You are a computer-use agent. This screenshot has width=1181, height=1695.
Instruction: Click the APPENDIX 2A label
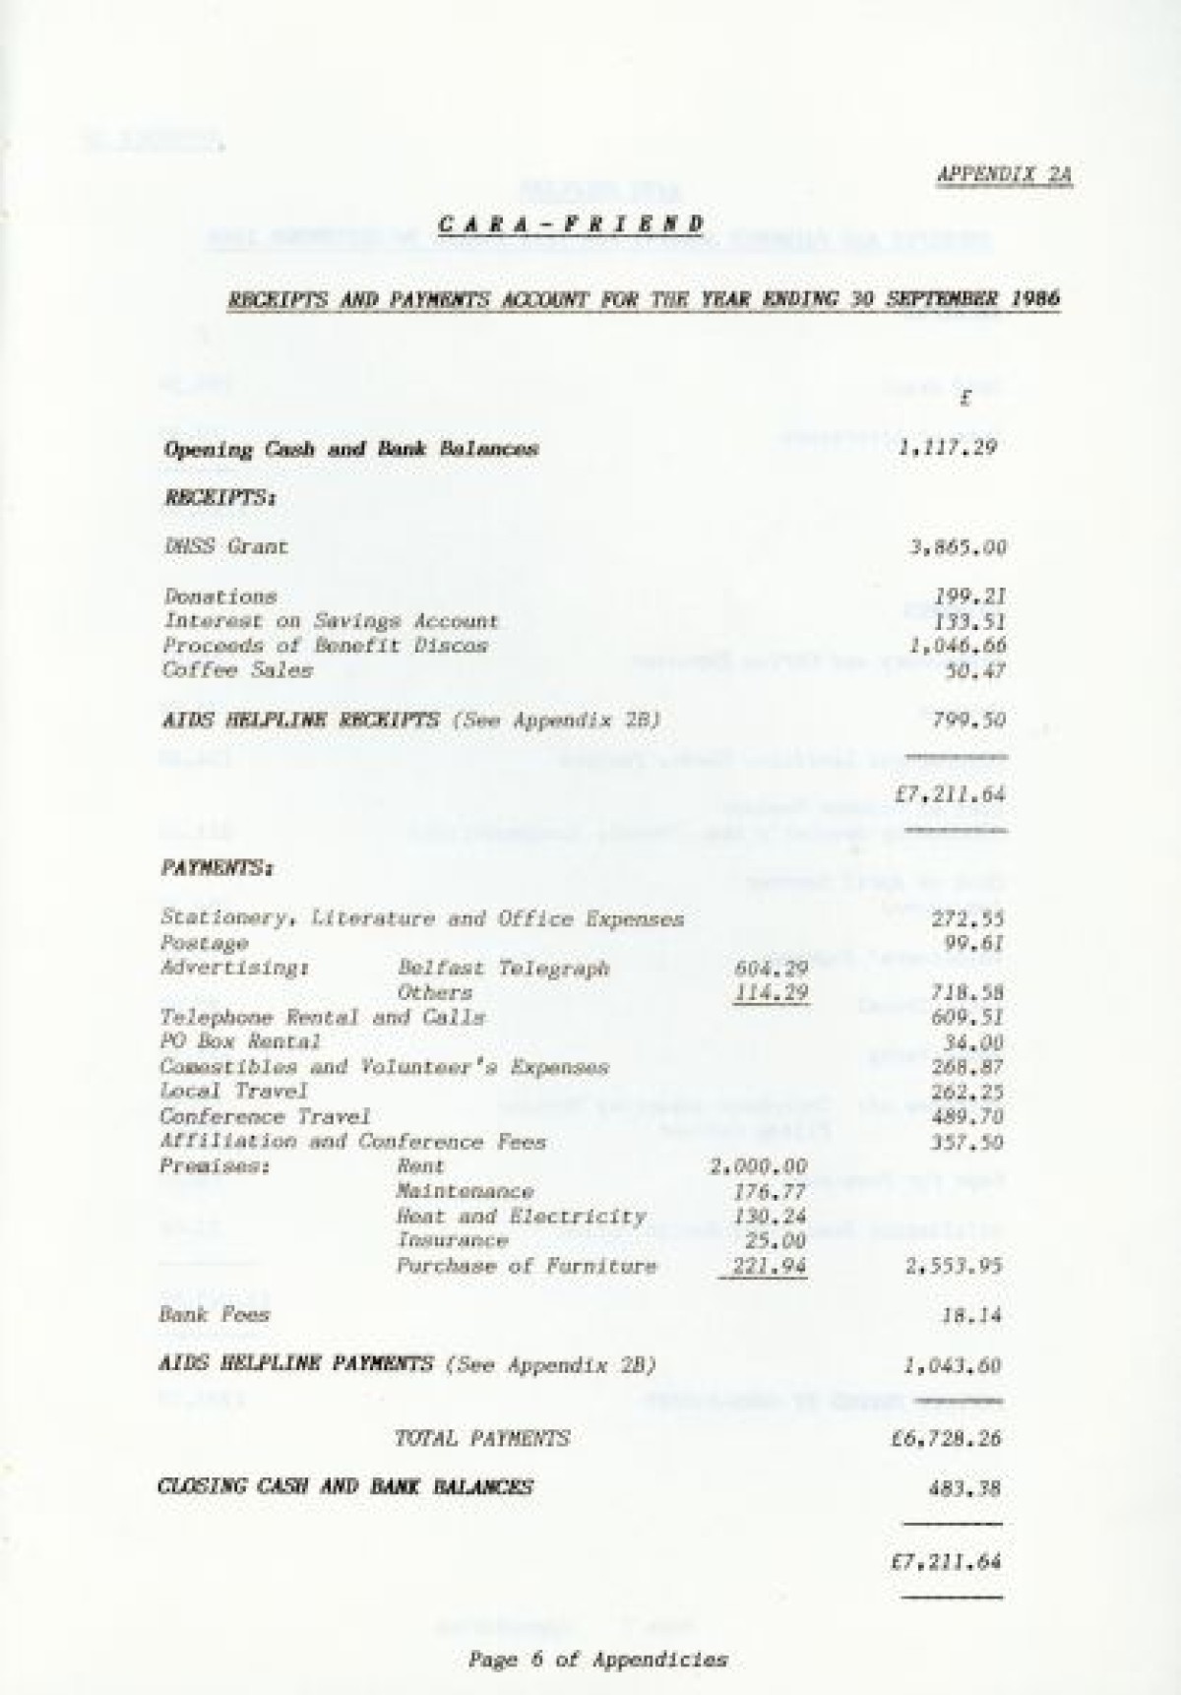click(1003, 175)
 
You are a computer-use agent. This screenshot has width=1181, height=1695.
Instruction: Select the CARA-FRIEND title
click(571, 223)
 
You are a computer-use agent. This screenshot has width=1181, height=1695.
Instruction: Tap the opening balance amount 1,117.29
click(948, 448)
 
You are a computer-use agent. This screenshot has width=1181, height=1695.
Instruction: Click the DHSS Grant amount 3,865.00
click(957, 547)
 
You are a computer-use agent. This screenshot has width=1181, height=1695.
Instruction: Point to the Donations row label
click(220, 596)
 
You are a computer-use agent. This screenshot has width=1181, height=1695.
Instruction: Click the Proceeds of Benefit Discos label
click(325, 646)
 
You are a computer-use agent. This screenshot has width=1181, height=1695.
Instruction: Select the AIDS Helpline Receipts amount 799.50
click(968, 720)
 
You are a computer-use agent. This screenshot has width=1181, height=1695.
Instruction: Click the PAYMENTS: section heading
click(217, 869)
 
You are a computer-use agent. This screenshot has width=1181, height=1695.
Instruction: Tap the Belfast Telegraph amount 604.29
click(771, 968)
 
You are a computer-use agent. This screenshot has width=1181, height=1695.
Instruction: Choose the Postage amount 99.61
click(968, 943)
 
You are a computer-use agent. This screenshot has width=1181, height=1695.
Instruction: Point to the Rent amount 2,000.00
click(758, 1166)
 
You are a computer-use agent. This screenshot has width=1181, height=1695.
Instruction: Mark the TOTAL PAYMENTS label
click(481, 1438)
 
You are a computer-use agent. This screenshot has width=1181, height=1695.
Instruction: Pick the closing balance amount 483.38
click(963, 1488)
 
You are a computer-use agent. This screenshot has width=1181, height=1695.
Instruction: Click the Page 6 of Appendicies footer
click(597, 1660)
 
